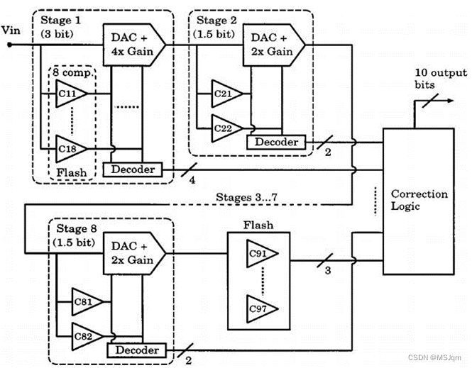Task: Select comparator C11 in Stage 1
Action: (70, 93)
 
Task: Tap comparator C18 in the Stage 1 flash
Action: (70, 148)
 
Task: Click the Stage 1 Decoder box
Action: (132, 169)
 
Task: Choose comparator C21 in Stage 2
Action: (226, 92)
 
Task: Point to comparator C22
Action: (226, 128)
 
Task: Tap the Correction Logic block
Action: (420, 200)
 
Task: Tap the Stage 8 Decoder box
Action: (135, 350)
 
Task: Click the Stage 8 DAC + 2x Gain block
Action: (133, 253)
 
